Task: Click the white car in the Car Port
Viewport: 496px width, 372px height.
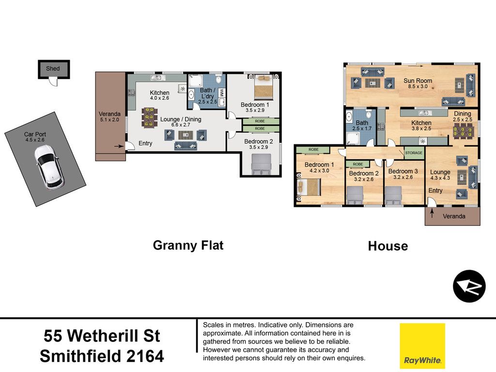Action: (x=48, y=167)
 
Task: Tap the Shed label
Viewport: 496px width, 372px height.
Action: (x=53, y=69)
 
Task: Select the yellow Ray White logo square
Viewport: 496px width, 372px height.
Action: (x=422, y=346)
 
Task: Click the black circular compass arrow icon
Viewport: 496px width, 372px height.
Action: (x=469, y=286)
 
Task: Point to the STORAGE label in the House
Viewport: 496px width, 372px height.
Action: (x=414, y=153)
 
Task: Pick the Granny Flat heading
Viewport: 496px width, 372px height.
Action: (x=188, y=246)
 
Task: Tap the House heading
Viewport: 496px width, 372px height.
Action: (x=388, y=246)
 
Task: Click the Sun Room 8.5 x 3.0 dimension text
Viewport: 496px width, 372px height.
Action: (x=418, y=86)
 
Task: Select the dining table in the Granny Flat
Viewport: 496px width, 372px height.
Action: (x=150, y=118)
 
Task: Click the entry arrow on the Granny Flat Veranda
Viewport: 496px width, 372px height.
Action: (x=119, y=146)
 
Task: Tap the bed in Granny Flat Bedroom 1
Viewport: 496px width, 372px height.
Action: (x=263, y=87)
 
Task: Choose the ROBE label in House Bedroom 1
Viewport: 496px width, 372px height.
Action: (x=313, y=150)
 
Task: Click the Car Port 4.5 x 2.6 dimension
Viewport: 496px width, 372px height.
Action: (x=35, y=139)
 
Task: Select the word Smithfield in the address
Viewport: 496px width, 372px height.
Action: (x=80, y=356)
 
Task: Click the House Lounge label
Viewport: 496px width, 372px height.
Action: (x=440, y=172)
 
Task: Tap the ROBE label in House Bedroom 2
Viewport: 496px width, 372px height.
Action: (x=358, y=164)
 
